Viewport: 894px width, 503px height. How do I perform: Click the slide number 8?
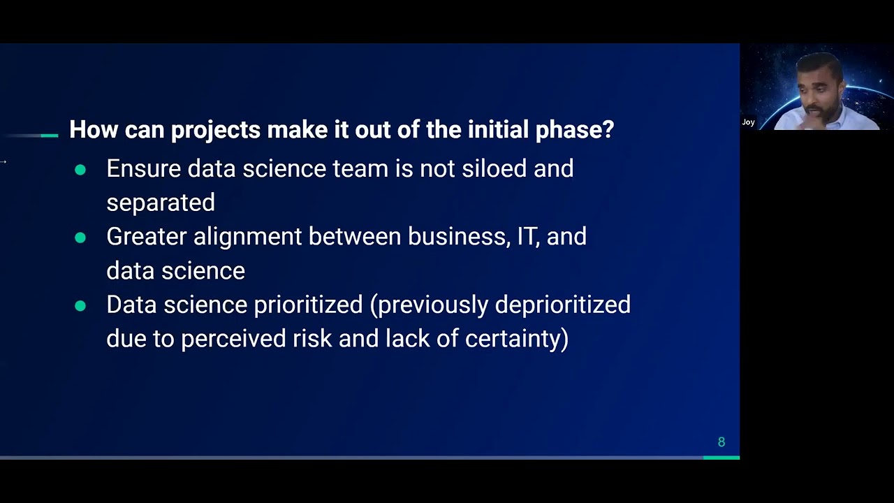(721, 442)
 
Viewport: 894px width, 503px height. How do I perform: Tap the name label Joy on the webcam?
(748, 122)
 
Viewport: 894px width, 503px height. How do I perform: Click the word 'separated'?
(161, 203)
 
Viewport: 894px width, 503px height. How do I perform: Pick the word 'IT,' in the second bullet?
(529, 237)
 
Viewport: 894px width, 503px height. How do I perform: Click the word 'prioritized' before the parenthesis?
(308, 305)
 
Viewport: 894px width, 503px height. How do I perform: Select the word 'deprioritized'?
(562, 305)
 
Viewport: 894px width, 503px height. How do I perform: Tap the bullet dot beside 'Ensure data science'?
(80, 170)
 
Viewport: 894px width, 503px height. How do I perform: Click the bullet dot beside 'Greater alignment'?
(80, 238)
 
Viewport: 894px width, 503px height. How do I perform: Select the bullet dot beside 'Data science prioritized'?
(80, 306)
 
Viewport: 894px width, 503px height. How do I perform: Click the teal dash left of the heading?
(49, 136)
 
